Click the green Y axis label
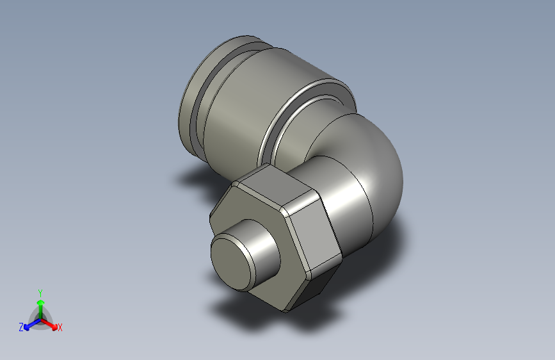point(40,291)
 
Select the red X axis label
point(60,328)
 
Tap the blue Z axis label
point(21,327)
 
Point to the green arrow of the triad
point(40,304)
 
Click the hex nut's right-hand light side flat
point(314,233)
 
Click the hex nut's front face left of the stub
point(224,218)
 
